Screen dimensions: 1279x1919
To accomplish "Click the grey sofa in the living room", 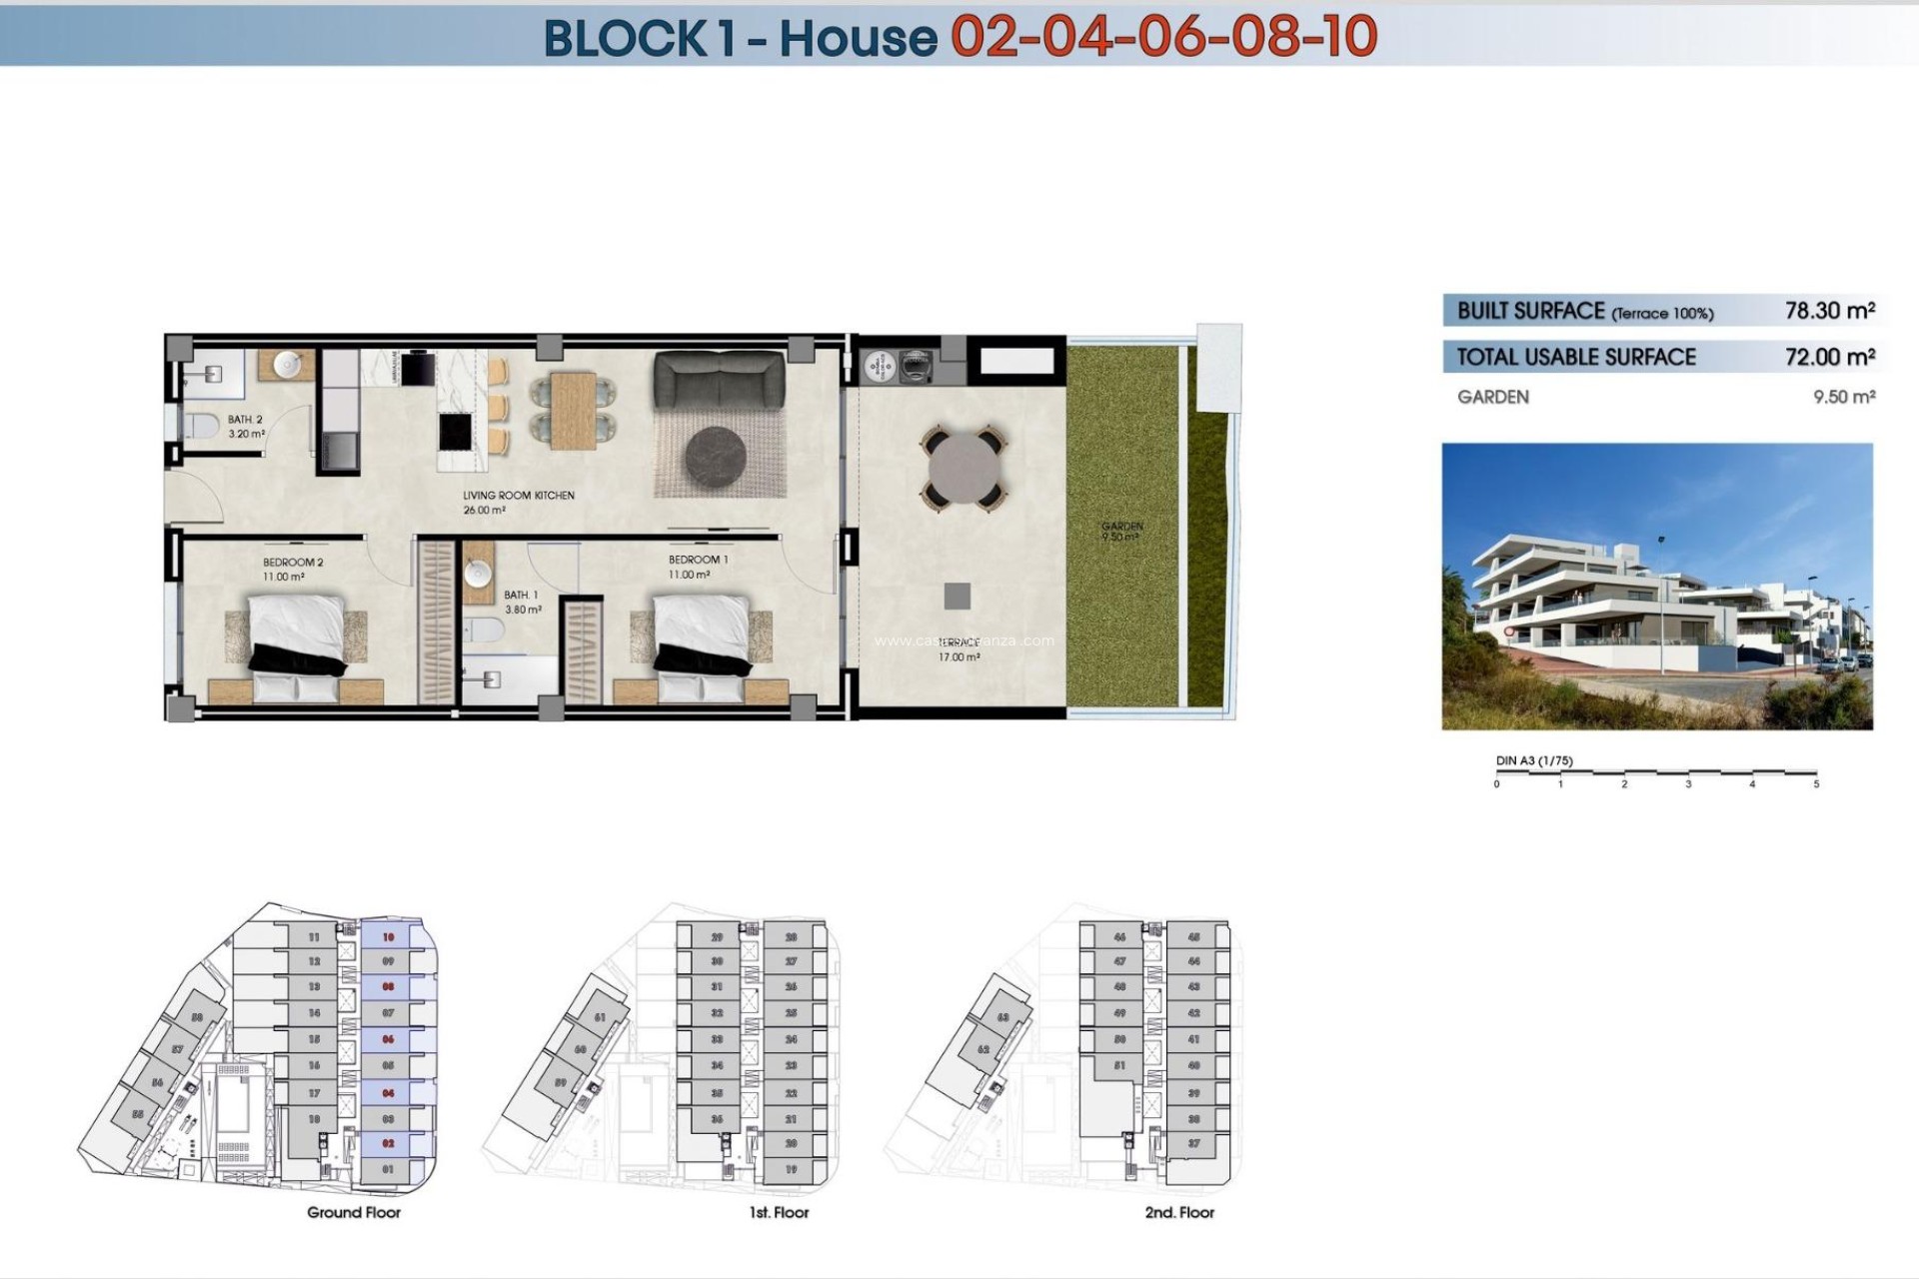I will pos(719,381).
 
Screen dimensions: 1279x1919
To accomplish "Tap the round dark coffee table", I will pos(715,457).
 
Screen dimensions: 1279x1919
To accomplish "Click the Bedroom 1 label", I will pos(698,560).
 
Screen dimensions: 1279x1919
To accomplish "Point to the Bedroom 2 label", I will pos(293,563).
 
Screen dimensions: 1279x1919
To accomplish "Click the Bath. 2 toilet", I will pos(201,427).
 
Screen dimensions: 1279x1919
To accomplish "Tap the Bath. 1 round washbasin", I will pos(478,573).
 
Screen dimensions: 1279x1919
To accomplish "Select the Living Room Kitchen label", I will pos(518,496).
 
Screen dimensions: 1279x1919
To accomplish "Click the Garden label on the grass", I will pos(1121,527).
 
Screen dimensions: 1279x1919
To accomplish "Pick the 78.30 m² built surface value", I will pos(1829,311).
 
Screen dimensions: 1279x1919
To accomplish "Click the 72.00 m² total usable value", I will pos(1829,357).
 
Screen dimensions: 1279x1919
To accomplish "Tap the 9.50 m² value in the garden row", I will pos(1843,397).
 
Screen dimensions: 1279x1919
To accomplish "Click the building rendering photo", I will pos(1656,587).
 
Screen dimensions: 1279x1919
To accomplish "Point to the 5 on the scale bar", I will pos(1815,784).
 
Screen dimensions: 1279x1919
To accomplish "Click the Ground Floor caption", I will pos(354,1212).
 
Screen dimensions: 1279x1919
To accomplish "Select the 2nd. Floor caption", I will pos(1179,1212).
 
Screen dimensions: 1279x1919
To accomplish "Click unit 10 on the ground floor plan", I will pos(389,937).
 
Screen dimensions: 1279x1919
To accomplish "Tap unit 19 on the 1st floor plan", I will pos(791,1169).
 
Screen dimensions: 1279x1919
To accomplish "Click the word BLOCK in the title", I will pos(625,38).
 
